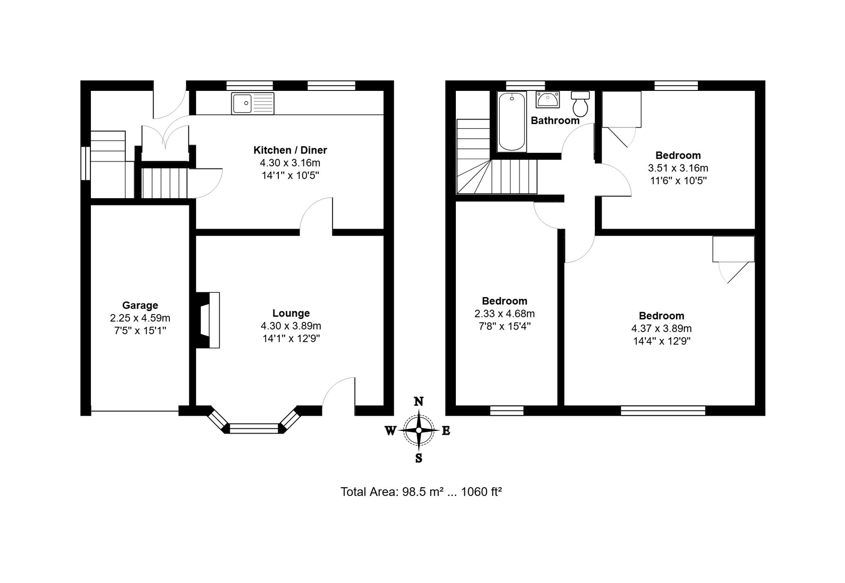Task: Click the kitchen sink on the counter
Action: pos(253,104)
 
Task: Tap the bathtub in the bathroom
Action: pos(512,122)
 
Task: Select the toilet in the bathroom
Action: pos(581,104)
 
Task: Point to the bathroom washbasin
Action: pos(548,100)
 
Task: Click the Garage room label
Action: pos(140,305)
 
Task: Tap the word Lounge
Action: pos(291,313)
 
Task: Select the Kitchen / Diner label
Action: pos(290,150)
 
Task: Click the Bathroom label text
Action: pos(555,120)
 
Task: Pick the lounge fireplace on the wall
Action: pos(207,320)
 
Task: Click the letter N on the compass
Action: pos(419,401)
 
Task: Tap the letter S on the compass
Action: pos(419,458)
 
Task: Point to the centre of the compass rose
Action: pos(419,430)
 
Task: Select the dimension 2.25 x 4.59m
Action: pos(140,318)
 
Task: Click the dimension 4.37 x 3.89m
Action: pos(662,328)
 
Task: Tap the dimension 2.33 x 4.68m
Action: pos(504,313)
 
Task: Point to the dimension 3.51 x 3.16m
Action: pos(678,168)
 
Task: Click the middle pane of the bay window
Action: pos(254,428)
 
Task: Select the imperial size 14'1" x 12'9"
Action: pos(291,338)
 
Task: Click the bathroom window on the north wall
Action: pos(526,85)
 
